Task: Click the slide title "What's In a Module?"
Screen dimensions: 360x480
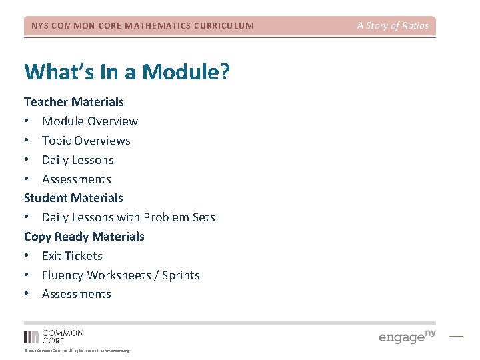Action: [127, 71]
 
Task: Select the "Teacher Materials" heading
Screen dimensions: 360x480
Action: [74, 102]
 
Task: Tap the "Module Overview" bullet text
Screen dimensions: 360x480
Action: [90, 121]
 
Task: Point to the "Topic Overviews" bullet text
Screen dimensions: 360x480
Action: [86, 141]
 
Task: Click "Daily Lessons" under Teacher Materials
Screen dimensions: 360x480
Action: [78, 160]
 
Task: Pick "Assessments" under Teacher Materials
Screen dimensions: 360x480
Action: [77, 179]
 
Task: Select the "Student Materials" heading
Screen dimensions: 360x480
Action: [73, 198]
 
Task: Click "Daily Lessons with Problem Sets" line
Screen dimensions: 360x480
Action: [129, 217]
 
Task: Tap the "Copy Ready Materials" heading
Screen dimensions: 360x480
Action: [84, 237]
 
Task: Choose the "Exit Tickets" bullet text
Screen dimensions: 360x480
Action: [72, 256]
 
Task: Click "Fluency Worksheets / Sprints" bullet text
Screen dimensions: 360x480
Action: [121, 275]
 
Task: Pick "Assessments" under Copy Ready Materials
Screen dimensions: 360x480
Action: [77, 294]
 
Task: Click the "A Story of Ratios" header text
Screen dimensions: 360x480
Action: [393, 26]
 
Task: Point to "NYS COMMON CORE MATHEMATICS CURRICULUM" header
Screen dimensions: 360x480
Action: [143, 26]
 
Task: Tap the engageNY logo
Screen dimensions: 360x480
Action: [407, 336]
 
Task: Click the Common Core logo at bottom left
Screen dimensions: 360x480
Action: [53, 336]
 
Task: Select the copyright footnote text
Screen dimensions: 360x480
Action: [77, 351]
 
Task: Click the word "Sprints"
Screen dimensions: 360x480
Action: [181, 275]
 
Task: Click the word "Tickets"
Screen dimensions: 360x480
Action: [84, 256]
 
